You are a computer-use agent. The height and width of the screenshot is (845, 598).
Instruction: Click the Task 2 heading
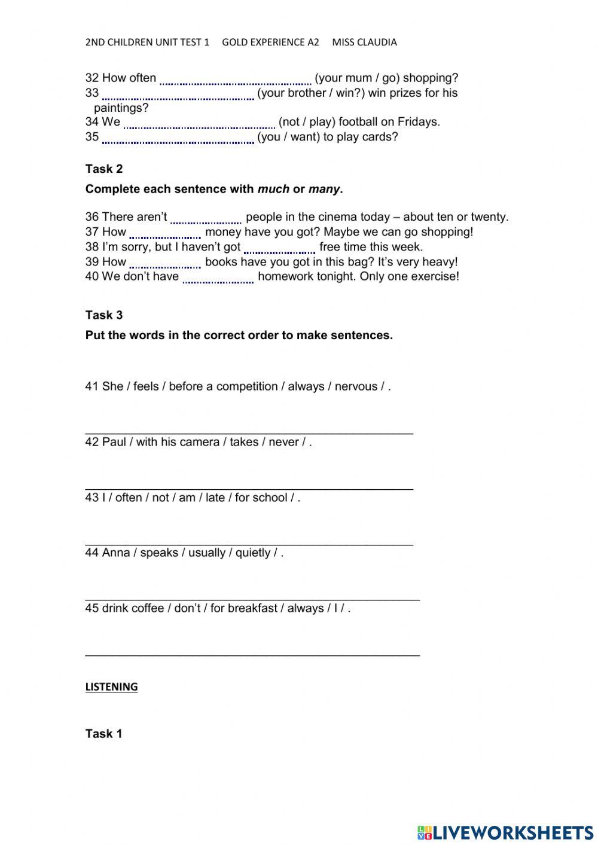point(104,169)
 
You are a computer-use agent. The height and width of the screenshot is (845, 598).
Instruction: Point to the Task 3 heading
point(104,315)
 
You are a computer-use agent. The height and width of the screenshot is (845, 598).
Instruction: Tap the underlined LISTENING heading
point(111,687)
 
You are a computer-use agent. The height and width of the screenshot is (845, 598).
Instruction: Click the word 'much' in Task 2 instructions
point(273,190)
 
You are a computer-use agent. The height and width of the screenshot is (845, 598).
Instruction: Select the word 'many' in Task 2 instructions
point(324,190)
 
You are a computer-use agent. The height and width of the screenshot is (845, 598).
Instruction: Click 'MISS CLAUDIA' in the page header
point(364,42)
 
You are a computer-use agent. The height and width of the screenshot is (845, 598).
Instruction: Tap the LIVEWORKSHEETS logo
point(505,832)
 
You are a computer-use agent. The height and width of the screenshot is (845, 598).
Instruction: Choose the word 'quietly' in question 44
point(252,553)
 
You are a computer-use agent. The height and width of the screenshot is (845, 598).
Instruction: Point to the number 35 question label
point(92,137)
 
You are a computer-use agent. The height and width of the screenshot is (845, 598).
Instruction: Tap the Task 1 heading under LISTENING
point(104,734)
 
